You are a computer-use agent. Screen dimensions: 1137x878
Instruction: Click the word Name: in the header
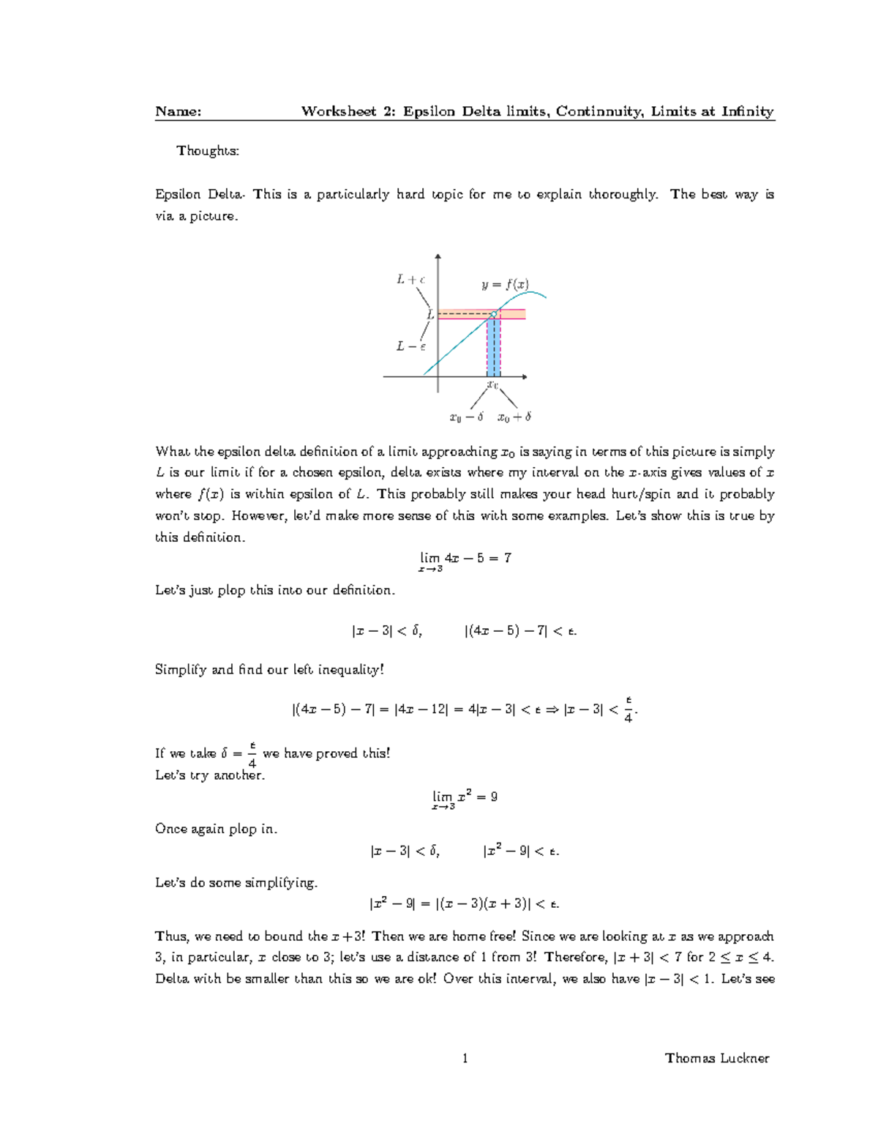coord(178,111)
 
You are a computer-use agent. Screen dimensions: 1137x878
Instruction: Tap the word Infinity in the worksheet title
coord(748,111)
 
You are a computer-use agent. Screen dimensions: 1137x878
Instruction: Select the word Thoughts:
coord(208,151)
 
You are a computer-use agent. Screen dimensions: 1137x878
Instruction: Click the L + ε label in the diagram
coord(410,279)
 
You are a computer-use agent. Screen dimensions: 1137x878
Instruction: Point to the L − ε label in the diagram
coord(410,346)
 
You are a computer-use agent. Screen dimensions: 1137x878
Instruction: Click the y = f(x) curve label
coord(505,285)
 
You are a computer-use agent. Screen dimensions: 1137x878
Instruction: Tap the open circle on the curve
coord(494,314)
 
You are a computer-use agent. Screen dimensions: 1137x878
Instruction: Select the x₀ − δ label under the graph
coord(466,417)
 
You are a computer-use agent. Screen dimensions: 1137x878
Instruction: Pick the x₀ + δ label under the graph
coord(514,417)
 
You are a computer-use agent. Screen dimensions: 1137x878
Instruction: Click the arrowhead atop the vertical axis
coord(438,257)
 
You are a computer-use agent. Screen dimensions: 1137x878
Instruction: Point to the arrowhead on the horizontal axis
coord(524,376)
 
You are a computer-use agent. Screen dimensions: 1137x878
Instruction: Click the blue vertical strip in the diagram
coord(494,348)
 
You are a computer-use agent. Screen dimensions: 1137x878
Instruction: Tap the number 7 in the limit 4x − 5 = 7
coord(508,558)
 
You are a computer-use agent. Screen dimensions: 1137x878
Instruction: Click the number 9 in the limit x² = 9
coord(494,797)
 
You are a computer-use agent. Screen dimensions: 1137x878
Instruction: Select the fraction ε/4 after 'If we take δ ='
coord(252,754)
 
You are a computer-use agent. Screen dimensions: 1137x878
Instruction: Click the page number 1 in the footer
coord(465,1058)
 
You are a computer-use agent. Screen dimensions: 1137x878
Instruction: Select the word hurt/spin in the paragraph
coord(641,494)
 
